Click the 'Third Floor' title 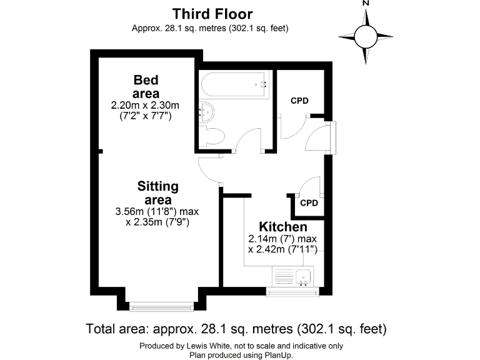pos(212,14)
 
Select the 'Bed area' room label pos(146,87)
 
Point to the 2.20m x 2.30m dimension pos(146,105)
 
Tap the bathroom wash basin pos(206,113)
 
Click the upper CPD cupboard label pos(299,101)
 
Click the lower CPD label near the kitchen pos(309,203)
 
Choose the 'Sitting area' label pos(158,193)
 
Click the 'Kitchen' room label pos(283,227)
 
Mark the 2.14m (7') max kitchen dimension pos(283,239)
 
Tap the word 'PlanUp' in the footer pos(276,354)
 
